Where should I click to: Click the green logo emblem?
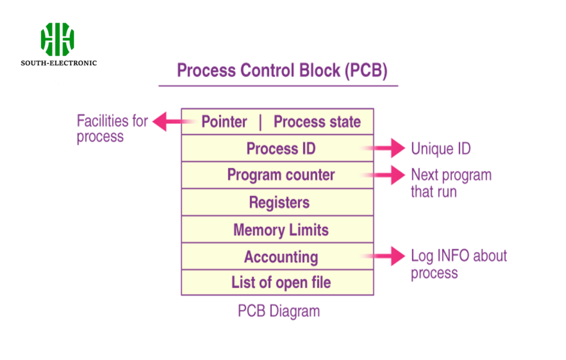click(x=57, y=39)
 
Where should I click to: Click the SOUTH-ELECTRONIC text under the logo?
click(x=59, y=63)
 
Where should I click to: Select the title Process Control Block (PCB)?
click(x=282, y=71)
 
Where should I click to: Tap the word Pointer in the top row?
click(x=224, y=122)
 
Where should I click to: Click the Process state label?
click(x=317, y=122)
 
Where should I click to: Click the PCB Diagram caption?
click(x=279, y=311)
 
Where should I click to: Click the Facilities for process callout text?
click(x=112, y=128)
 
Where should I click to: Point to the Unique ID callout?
click(x=441, y=149)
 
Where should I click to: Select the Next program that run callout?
click(x=450, y=184)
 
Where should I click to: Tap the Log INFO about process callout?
click(x=458, y=264)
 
